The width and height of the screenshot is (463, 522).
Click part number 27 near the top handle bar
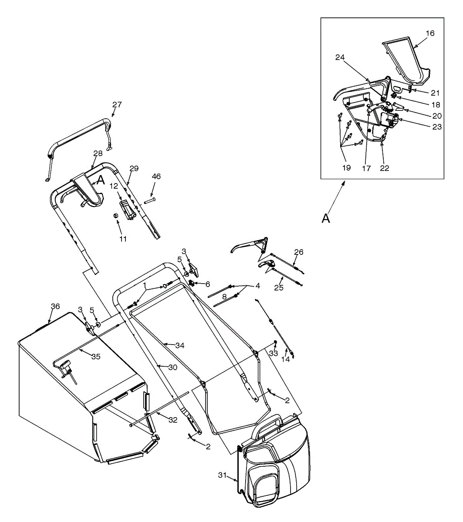tap(117, 104)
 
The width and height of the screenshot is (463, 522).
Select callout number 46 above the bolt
tap(156, 176)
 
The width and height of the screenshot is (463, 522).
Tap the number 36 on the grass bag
tap(55, 306)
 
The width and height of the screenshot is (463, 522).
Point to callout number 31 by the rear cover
tap(223, 475)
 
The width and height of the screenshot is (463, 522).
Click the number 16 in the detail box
tap(430, 33)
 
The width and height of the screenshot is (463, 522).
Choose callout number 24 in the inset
tap(340, 57)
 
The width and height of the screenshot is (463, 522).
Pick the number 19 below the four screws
tap(346, 168)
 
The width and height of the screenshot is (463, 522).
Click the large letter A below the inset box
tap(325, 219)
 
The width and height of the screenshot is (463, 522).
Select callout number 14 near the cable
tap(285, 360)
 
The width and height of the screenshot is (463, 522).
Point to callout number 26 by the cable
tap(298, 252)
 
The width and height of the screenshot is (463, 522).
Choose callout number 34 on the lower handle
tap(180, 345)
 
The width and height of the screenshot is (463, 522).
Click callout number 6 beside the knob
tap(207, 284)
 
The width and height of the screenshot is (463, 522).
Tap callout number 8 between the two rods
tap(224, 296)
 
